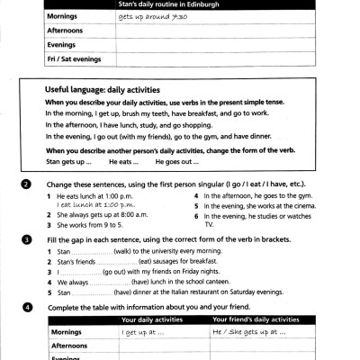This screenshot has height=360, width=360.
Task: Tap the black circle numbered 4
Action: [28, 307]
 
